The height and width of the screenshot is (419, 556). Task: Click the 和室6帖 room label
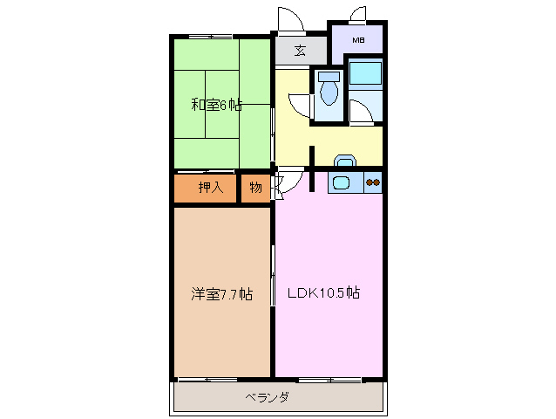[216, 106]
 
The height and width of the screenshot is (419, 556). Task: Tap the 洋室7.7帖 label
[222, 294]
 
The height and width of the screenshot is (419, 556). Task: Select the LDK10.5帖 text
[323, 293]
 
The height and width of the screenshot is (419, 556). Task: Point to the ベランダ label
[267, 398]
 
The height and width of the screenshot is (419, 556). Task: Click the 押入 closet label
[210, 187]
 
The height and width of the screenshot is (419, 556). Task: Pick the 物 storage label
[255, 187]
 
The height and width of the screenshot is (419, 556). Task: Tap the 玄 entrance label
[300, 50]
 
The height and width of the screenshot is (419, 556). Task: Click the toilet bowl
[329, 90]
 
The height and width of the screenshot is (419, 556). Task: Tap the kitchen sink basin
[341, 182]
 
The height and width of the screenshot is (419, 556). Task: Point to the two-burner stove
[373, 182]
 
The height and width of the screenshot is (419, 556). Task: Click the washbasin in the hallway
[345, 161]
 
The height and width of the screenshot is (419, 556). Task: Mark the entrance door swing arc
[288, 19]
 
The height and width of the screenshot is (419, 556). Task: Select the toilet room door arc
[302, 104]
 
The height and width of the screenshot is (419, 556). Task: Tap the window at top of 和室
[210, 36]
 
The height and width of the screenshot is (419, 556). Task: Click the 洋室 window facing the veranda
[208, 379]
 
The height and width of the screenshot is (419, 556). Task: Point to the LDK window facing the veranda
[329, 379]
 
